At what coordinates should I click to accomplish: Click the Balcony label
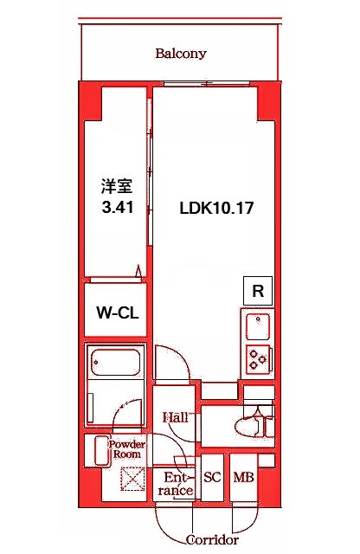click(181, 54)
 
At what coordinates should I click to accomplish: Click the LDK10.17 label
click(215, 208)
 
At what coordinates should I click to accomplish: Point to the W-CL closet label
click(114, 312)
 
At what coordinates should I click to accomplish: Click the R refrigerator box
click(257, 292)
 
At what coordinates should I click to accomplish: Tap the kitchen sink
click(256, 327)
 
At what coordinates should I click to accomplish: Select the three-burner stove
click(257, 358)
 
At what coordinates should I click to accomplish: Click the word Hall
click(176, 418)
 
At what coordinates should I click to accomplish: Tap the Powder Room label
click(130, 449)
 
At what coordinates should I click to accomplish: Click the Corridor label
click(213, 539)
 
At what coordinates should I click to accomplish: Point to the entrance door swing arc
click(173, 519)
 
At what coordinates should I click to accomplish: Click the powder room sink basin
click(97, 451)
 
